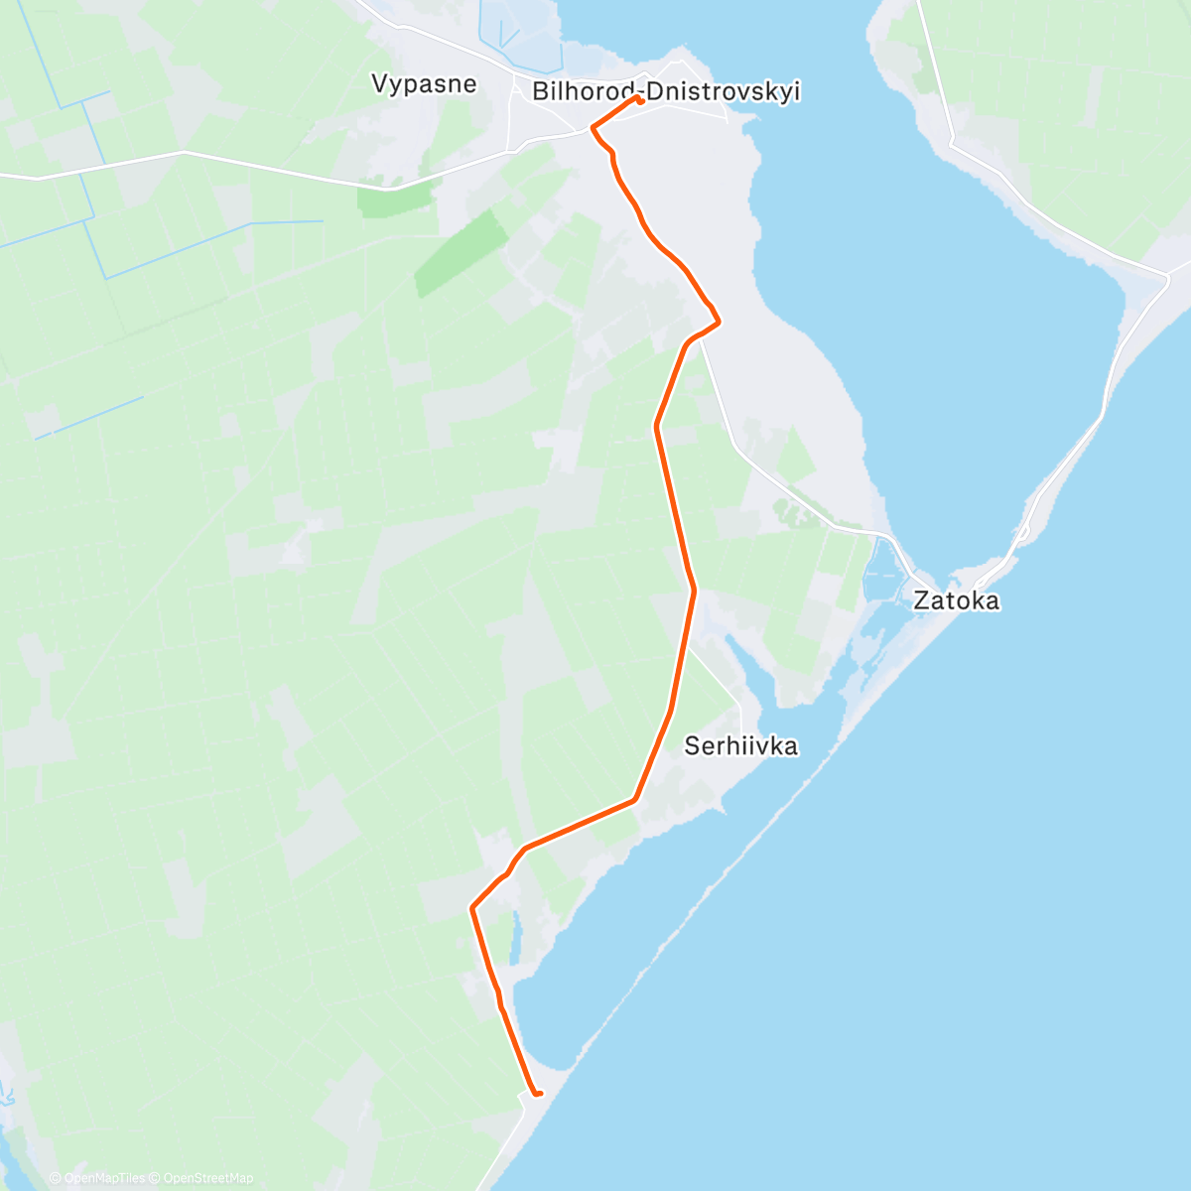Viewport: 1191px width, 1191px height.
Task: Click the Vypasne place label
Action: coord(424,83)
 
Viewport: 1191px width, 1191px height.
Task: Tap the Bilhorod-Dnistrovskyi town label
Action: coord(666,92)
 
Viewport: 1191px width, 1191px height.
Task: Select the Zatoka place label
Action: coord(956,600)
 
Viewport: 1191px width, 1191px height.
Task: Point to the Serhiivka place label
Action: coord(740,746)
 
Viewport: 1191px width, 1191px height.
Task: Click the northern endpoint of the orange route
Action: coord(641,99)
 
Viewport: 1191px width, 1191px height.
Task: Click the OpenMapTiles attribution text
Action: coord(99,1178)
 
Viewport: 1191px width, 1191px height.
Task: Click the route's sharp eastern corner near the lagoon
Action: coord(718,321)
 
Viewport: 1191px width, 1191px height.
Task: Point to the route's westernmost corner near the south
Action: coord(471,906)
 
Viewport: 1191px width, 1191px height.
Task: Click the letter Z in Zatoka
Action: coord(921,600)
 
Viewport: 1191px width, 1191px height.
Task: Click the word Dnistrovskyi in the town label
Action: coord(724,92)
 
